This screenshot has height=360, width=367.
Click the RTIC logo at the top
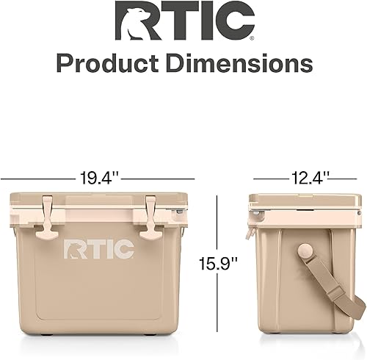coord(184,21)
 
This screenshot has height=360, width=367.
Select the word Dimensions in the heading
coord(235,64)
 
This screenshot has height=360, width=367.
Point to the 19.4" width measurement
coord(98,178)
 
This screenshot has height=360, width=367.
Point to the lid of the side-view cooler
coord(305,200)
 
